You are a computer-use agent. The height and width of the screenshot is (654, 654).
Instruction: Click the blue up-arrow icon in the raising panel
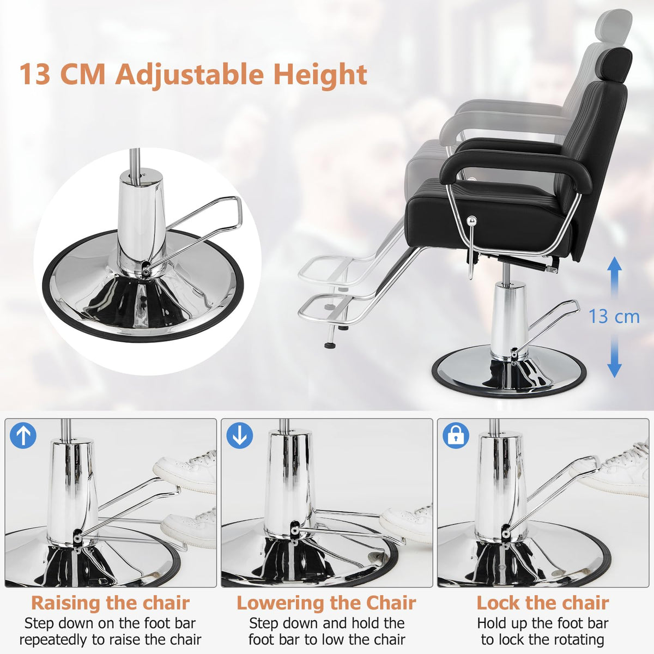23,436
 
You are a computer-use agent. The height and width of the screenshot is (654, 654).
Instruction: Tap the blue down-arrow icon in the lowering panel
239,436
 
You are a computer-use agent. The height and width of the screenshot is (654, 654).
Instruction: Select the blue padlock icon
456,436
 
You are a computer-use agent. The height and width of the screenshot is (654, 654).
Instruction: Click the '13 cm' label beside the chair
614,317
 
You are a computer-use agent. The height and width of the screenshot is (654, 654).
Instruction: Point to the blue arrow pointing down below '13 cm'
614,357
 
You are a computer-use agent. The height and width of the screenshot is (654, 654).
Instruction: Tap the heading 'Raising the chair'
110,603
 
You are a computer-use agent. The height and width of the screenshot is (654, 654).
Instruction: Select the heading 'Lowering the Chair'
326,603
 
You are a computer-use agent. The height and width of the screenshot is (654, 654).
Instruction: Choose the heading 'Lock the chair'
542,603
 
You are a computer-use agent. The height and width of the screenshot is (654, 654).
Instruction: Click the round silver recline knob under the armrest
472,220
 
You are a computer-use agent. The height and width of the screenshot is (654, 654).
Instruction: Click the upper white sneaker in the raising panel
188,466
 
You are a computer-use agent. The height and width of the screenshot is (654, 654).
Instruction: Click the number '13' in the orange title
36,74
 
